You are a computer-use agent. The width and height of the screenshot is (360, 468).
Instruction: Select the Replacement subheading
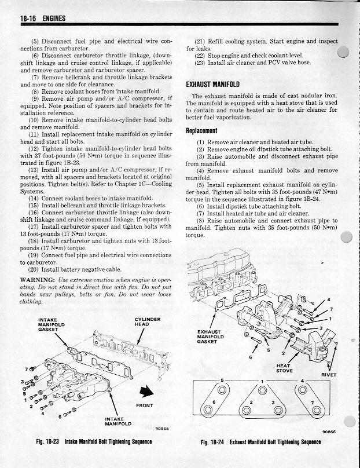click(x=201, y=130)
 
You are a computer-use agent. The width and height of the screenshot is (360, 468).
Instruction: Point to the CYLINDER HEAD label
click(x=148, y=321)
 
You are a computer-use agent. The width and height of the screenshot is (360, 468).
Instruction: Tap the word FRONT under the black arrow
click(x=144, y=405)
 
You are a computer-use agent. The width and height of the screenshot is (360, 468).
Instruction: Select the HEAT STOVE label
click(x=284, y=368)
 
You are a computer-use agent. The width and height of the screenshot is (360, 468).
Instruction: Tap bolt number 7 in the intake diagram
click(x=25, y=368)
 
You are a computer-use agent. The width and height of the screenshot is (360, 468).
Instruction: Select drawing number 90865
click(x=163, y=429)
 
